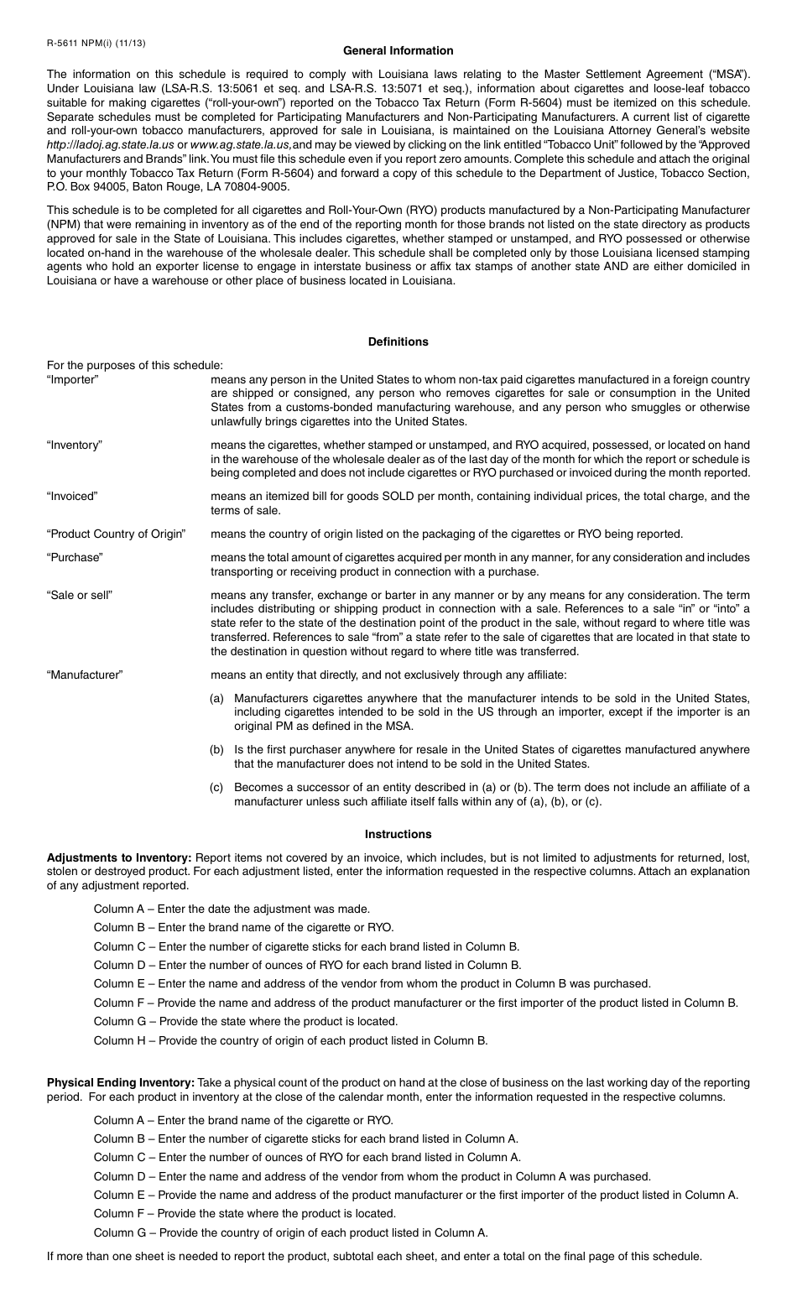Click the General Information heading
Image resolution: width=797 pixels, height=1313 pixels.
pyautogui.click(x=398, y=50)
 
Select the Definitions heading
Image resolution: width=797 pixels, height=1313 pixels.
pyautogui.click(x=398, y=341)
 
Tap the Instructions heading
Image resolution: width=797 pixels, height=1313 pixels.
pyautogui.click(x=398, y=834)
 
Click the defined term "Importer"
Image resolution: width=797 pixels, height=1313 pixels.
pyautogui.click(x=73, y=379)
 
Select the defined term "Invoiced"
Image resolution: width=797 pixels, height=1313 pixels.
pyautogui.click(x=72, y=496)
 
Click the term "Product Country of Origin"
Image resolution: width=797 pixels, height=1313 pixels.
pyautogui.click(x=116, y=534)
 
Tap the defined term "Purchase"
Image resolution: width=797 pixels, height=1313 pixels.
pyautogui.click(x=75, y=557)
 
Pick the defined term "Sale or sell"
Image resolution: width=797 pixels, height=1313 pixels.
pyautogui.click(x=80, y=595)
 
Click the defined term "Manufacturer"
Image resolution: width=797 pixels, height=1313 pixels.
pyautogui.click(x=85, y=675)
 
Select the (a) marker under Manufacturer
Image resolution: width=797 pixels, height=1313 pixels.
pyautogui.click(x=216, y=698)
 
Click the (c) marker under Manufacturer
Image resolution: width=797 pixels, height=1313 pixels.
pyautogui.click(x=216, y=787)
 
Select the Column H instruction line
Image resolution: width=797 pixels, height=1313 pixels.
pyautogui.click(x=290, y=1040)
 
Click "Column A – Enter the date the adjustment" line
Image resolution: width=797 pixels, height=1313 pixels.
pyautogui.click(x=232, y=909)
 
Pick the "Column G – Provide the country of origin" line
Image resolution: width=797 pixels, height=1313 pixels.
pyautogui.click(x=290, y=1232)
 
